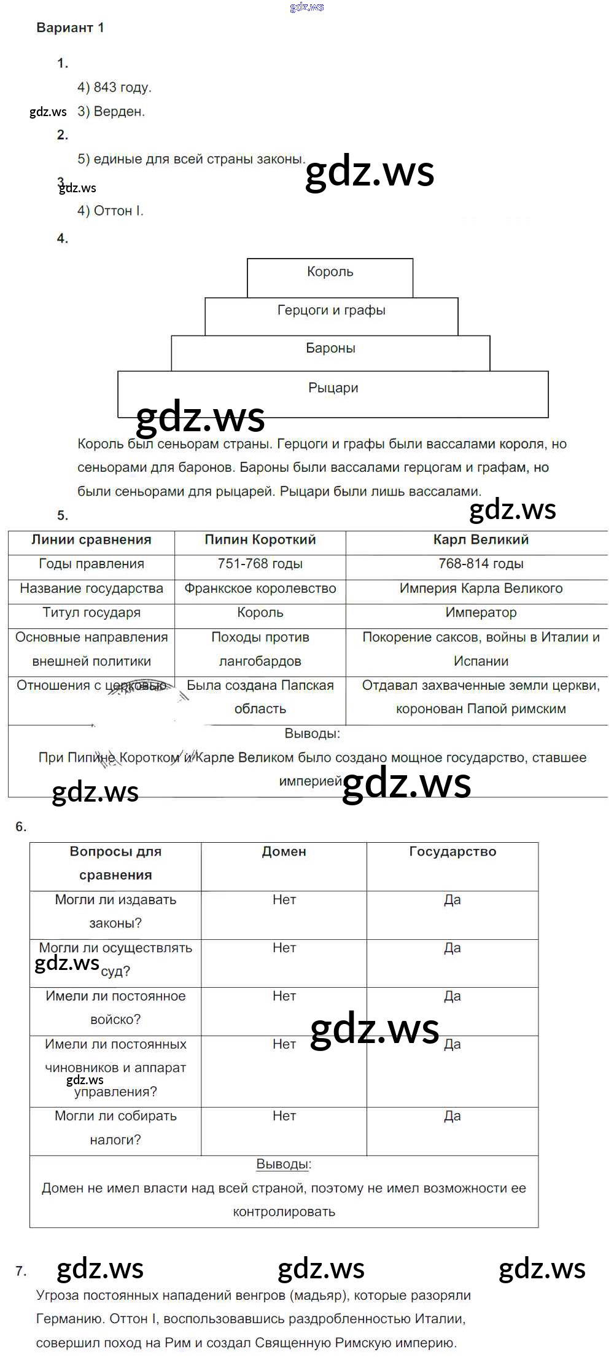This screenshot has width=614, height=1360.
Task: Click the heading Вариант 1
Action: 70,28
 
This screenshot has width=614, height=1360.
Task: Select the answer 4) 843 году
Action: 114,87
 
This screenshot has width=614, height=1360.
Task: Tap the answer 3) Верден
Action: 111,112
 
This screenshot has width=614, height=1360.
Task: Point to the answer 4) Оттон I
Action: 111,211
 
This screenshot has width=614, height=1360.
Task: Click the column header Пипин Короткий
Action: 260,540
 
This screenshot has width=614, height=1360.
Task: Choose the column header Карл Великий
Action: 481,540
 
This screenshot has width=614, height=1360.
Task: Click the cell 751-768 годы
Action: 260,564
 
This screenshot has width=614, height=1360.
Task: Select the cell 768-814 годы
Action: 481,564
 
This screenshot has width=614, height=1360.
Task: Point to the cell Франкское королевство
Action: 260,588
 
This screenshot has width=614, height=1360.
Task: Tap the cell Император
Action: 481,612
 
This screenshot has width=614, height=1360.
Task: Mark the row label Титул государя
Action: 91,612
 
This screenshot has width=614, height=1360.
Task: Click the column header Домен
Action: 284,851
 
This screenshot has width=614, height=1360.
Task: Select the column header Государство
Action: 453,851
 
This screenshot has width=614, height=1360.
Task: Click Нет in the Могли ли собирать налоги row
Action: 284,1116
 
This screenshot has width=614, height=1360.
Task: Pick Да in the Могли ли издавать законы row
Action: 453,900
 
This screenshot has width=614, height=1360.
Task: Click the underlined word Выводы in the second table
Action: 283,1164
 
